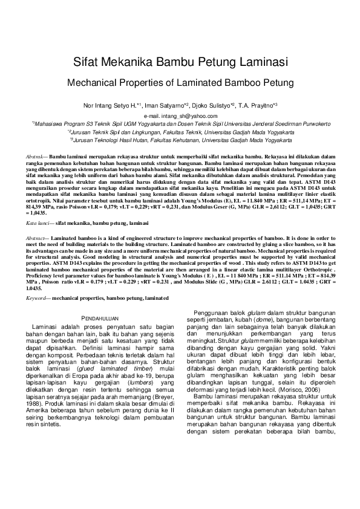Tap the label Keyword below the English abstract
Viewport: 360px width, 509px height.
click(x=38, y=297)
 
